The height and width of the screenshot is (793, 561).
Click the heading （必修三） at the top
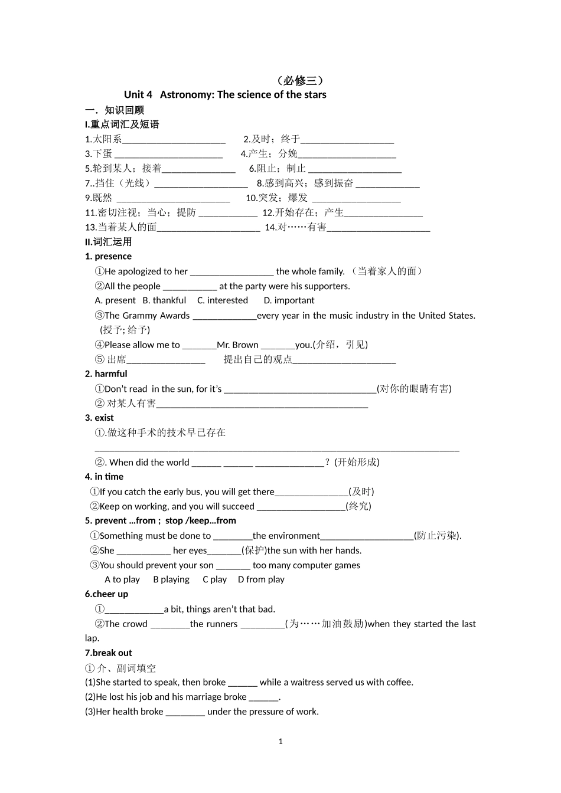(x=300, y=81)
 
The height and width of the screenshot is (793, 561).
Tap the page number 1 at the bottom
(x=280, y=742)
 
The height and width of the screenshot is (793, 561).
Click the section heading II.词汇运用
(x=109, y=242)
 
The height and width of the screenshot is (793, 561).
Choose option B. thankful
(x=164, y=300)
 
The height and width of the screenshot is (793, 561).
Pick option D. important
(x=289, y=300)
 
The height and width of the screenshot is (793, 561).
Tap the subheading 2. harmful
(x=106, y=374)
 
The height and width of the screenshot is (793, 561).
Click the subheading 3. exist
(x=99, y=418)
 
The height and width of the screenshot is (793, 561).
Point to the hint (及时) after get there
(x=361, y=491)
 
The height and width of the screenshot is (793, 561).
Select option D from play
(x=261, y=579)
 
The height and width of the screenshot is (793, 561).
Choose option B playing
(x=171, y=579)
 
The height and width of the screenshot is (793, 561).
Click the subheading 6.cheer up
(x=106, y=594)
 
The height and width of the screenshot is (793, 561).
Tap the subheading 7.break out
(x=109, y=653)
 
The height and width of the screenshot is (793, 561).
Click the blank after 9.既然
(x=173, y=198)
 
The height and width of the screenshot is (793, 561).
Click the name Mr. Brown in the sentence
(x=237, y=345)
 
